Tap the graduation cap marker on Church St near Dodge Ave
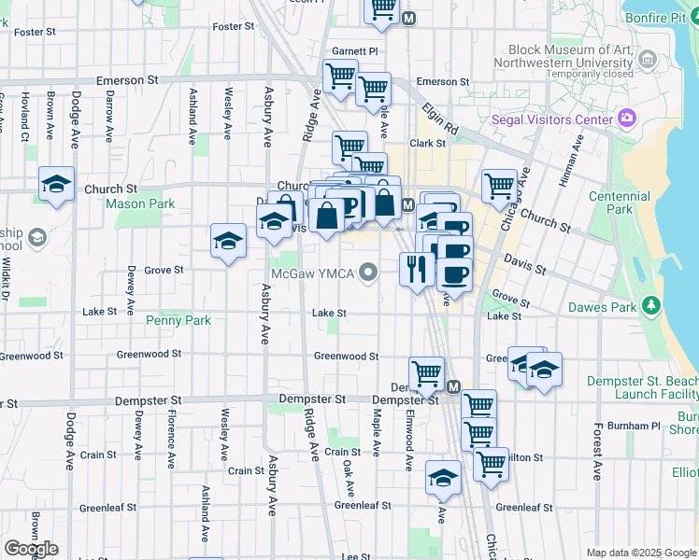pos(57,184)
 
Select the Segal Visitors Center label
pos(551,119)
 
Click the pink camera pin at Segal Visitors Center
pos(626,119)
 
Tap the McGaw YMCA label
pos(313,273)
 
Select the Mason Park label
pos(140,203)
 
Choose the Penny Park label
pos(178,320)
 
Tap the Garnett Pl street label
pos(354,52)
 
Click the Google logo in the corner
pos(31,549)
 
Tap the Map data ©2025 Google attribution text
pos(641,553)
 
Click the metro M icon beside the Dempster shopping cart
pos(454,386)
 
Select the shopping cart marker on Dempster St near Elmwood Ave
pos(426,373)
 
